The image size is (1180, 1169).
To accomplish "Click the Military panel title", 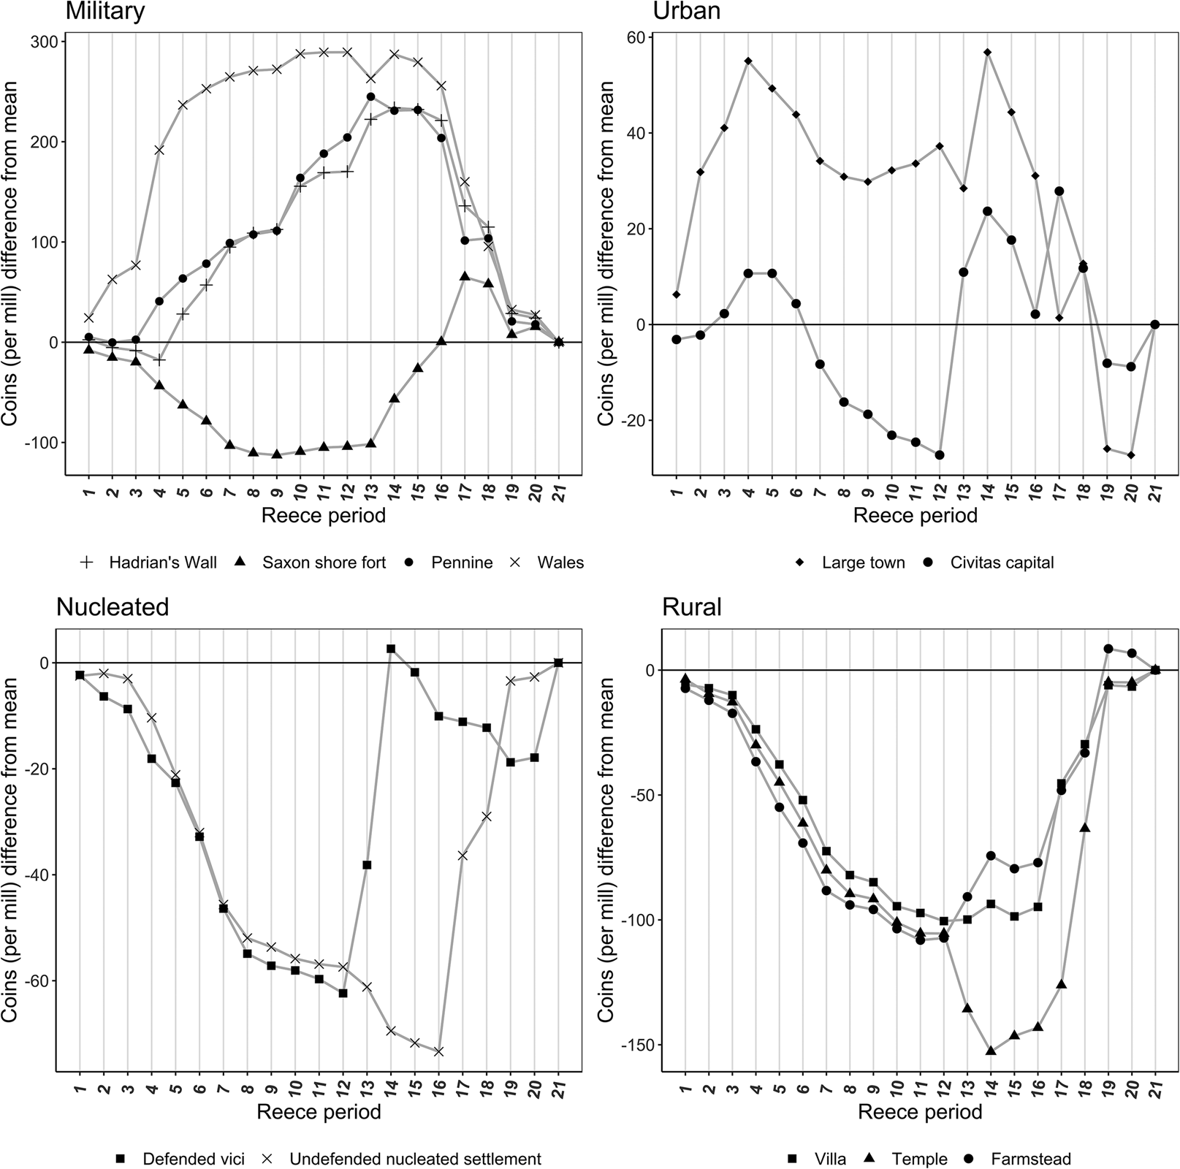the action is click(104, 12).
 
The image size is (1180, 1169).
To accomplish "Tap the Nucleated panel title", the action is click(113, 606).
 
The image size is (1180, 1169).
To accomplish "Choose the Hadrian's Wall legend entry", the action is click(148, 563).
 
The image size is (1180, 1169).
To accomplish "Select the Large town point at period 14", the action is click(987, 52).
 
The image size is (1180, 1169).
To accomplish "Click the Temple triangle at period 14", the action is click(991, 1051).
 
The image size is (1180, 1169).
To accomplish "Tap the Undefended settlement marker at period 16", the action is click(438, 1051).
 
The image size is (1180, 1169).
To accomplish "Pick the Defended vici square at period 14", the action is click(390, 649).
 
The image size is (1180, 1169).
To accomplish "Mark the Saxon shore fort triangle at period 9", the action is click(276, 454).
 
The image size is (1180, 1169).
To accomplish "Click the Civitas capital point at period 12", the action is click(940, 454).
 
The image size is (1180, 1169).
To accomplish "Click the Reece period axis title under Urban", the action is click(915, 516).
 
